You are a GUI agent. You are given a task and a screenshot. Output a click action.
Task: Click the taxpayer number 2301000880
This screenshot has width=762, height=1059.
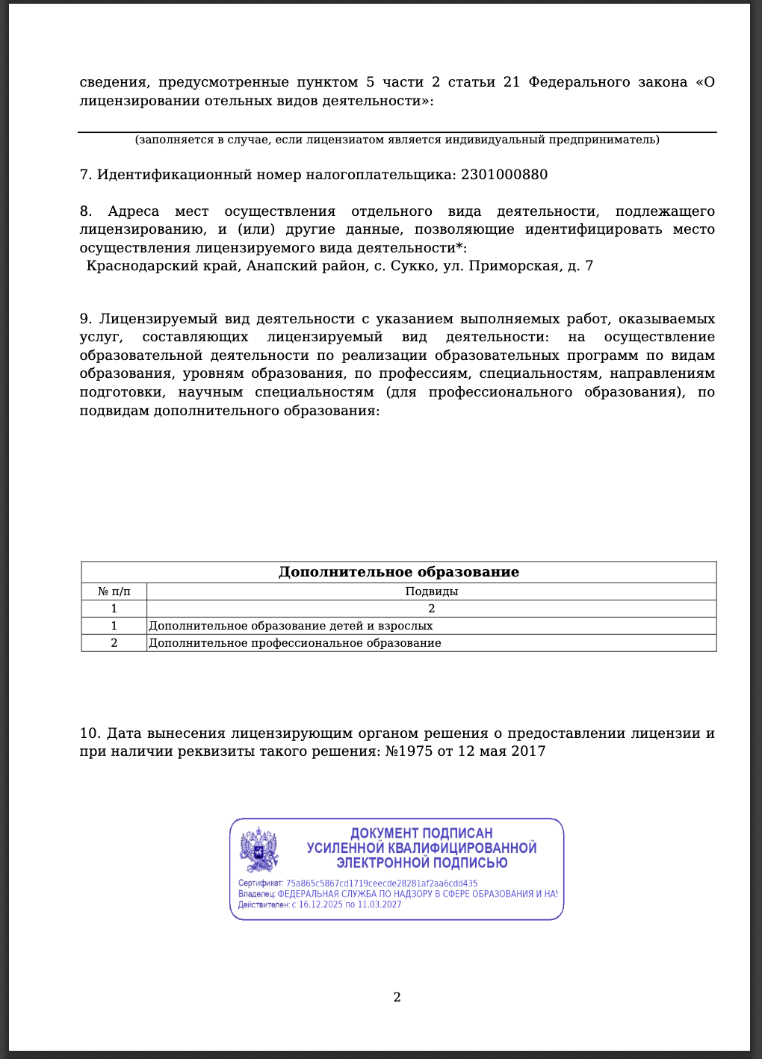(x=504, y=175)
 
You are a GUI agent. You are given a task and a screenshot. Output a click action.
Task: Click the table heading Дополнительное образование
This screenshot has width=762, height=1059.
(x=399, y=572)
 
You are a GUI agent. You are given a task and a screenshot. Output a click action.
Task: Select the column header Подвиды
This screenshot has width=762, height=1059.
(x=431, y=591)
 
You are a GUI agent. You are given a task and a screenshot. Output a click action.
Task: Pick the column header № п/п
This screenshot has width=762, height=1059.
(x=114, y=591)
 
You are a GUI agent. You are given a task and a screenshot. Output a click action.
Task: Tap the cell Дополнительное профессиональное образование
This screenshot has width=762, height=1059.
(x=295, y=643)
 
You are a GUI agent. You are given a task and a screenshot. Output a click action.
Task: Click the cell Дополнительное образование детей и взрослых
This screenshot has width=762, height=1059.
(x=291, y=626)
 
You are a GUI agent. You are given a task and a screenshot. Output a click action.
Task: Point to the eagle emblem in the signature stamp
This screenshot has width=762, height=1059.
(x=258, y=850)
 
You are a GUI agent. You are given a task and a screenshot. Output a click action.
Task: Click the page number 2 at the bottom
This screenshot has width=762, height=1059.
(x=397, y=997)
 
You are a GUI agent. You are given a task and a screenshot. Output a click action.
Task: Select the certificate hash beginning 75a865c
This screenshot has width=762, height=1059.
(x=382, y=883)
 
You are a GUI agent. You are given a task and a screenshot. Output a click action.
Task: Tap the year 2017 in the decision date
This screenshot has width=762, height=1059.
(x=528, y=751)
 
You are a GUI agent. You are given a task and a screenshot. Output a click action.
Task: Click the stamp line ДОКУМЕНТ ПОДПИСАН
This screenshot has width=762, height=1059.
(x=421, y=833)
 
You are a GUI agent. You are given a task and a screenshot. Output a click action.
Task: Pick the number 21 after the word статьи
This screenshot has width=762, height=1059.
(x=512, y=82)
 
